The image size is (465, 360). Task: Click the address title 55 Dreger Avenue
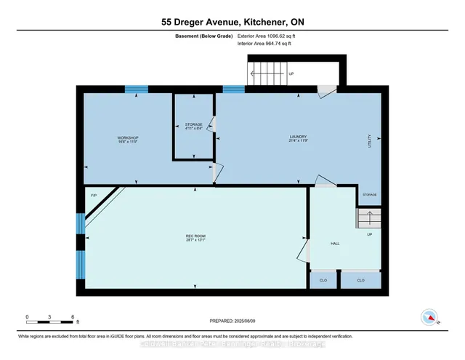point(232,22)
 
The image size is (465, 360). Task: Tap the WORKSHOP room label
point(128,139)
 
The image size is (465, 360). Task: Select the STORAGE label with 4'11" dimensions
point(193,126)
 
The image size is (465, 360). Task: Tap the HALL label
point(335,244)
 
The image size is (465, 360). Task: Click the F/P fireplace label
point(94,196)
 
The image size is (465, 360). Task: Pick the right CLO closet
point(360,280)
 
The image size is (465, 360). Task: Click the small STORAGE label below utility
point(370,195)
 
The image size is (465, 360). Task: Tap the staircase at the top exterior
point(270,74)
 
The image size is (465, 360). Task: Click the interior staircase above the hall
point(368,218)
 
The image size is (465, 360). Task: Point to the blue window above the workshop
point(136,89)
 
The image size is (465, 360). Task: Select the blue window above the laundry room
point(233,89)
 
